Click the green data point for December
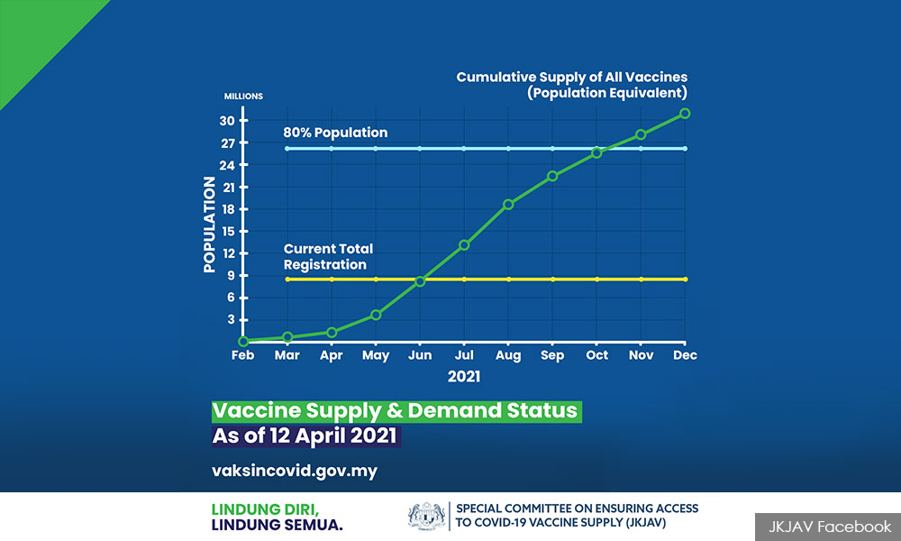[x=685, y=114]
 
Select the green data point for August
[x=508, y=204]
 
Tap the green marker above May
[x=376, y=315]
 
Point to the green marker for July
[x=464, y=245]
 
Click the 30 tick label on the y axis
[x=227, y=121]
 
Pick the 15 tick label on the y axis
[x=228, y=232]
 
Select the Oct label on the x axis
[x=597, y=355]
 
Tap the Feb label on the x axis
[x=242, y=355]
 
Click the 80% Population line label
[x=335, y=133]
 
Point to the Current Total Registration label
[x=328, y=256]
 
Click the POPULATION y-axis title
[x=209, y=225]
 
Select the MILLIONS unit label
[x=243, y=96]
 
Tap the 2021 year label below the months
[x=464, y=377]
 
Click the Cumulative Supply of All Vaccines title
[x=572, y=77]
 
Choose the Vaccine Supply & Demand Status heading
[x=396, y=412]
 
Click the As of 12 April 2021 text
[x=305, y=436]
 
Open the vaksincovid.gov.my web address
[x=295, y=471]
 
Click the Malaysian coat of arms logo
[x=426, y=515]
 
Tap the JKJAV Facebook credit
[x=830, y=527]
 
